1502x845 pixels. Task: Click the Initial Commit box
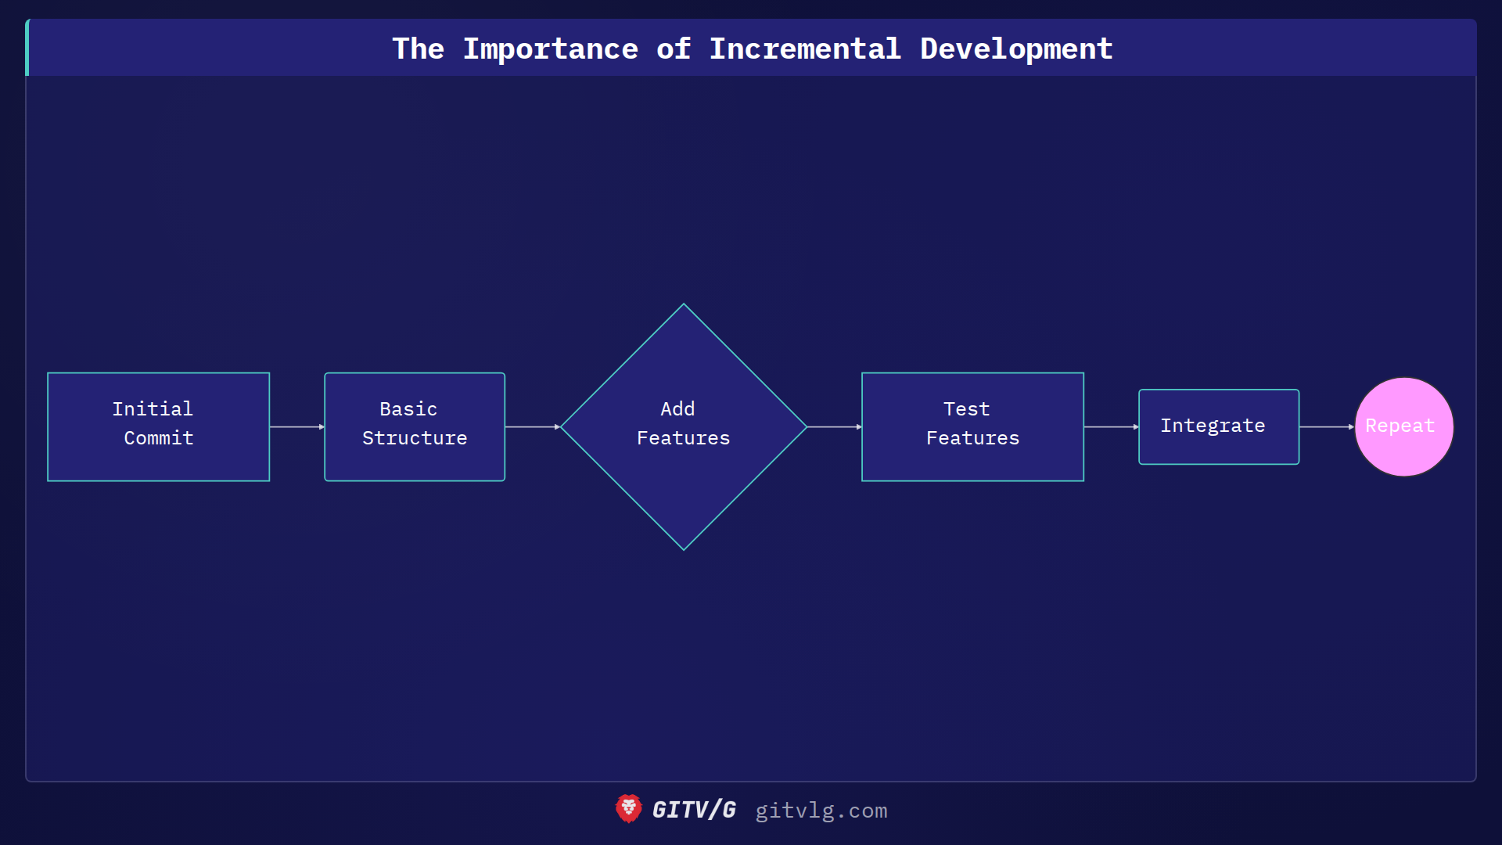[158, 426]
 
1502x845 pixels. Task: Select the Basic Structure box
[415, 426]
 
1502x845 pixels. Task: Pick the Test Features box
[972, 426]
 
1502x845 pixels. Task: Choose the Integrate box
[1219, 426]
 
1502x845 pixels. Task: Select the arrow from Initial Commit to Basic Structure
[297, 427]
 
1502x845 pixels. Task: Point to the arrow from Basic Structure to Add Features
[533, 427]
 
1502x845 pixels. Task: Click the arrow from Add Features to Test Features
[834, 427]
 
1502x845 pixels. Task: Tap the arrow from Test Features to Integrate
[1111, 427]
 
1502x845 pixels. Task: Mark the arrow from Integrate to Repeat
[1327, 427]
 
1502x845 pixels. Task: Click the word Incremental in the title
[805, 49]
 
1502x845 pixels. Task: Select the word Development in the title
[1016, 49]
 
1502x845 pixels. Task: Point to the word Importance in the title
[550, 49]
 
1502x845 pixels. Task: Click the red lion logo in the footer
[628, 809]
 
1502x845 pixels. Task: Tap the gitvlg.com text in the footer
[821, 811]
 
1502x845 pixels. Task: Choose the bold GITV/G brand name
[694, 810]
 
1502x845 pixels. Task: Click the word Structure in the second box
[415, 438]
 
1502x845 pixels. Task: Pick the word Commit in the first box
[159, 438]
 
